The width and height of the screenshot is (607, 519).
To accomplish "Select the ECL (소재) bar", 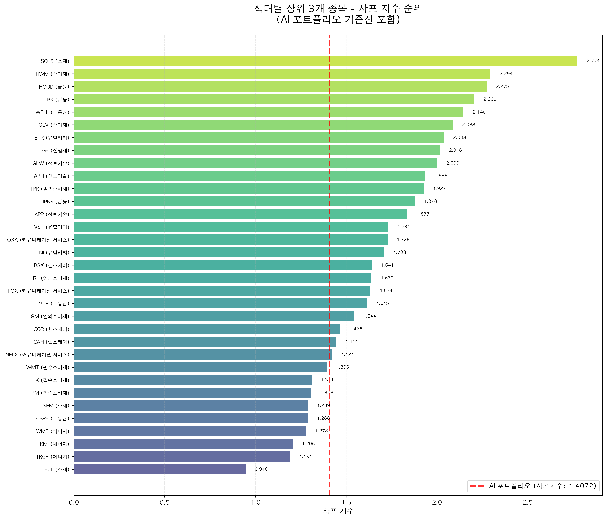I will [x=160, y=469].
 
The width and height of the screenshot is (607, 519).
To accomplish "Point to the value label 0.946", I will [x=261, y=469].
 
